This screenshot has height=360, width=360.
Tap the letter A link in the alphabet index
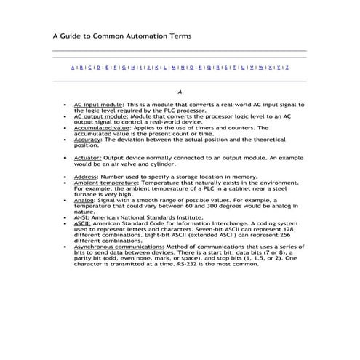point(73,67)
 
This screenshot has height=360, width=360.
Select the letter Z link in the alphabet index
point(287,67)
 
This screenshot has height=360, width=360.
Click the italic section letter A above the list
point(179,92)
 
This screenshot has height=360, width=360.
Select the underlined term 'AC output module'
point(100,116)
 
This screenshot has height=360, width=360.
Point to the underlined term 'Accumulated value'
point(100,127)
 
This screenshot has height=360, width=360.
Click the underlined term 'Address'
point(85,176)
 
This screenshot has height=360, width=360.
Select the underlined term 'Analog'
point(84,199)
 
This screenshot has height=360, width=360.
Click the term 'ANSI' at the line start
point(81,217)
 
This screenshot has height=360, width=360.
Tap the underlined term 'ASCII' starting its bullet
point(81,223)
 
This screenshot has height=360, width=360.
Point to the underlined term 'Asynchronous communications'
point(113,247)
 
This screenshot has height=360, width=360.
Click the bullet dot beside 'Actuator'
point(66,156)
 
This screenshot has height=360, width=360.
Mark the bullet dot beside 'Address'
point(66,176)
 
